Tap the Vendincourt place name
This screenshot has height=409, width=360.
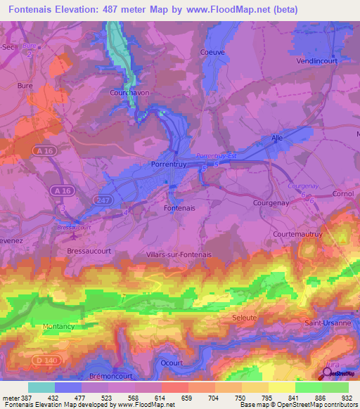point(317,61)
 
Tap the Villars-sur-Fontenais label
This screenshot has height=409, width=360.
point(179,254)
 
